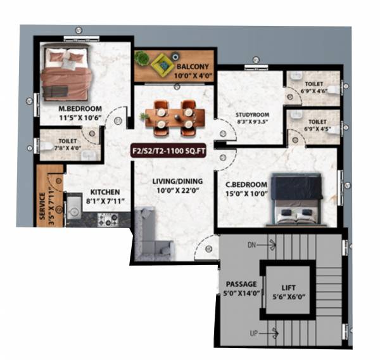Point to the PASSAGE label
(x=241, y=284)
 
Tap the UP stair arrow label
(x=253, y=332)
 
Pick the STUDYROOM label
(x=235, y=115)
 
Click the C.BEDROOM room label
(x=246, y=185)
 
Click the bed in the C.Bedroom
(x=295, y=198)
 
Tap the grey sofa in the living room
(x=151, y=235)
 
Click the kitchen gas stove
(x=107, y=221)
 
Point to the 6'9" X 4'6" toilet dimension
(x=315, y=91)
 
